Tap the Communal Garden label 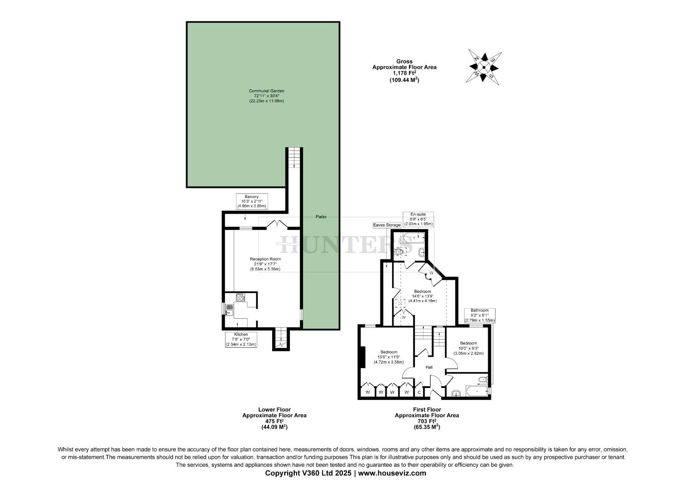coord(266,96)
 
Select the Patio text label coord(321,217)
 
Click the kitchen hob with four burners coord(240,297)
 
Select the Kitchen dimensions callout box coord(241,340)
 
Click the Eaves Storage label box coord(387,225)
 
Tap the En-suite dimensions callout coord(418,219)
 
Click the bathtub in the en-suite coord(413,236)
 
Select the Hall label coord(429,367)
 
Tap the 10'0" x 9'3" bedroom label coord(468,348)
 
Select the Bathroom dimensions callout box coord(480,315)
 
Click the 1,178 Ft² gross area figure coord(404,73)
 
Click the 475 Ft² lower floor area coord(274,421)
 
